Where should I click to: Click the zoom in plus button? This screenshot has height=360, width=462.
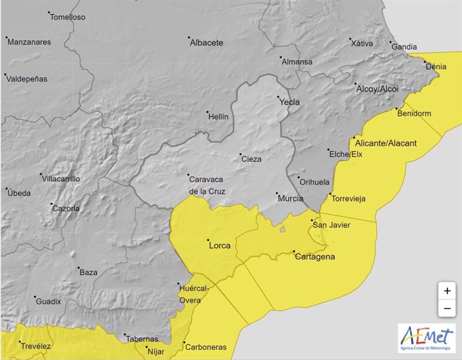[x=447, y=291]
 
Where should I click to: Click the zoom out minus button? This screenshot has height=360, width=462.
[x=447, y=308]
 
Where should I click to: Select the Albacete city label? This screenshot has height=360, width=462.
[x=206, y=43]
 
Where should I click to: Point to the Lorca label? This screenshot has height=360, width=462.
[x=220, y=246]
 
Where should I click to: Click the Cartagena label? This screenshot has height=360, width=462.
[x=315, y=256]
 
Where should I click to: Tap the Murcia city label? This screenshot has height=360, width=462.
[x=290, y=199]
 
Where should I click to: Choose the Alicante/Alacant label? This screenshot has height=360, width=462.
[x=386, y=144]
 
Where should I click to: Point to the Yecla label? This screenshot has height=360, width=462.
[x=289, y=102]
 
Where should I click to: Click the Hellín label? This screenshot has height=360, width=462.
[x=219, y=116]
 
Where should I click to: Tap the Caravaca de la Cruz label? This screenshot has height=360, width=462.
[x=208, y=185]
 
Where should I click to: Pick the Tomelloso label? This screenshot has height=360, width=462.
[x=68, y=17]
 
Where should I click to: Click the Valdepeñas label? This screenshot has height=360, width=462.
[x=27, y=78]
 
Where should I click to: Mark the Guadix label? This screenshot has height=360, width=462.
[x=48, y=301]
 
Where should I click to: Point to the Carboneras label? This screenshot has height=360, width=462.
[x=207, y=347]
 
